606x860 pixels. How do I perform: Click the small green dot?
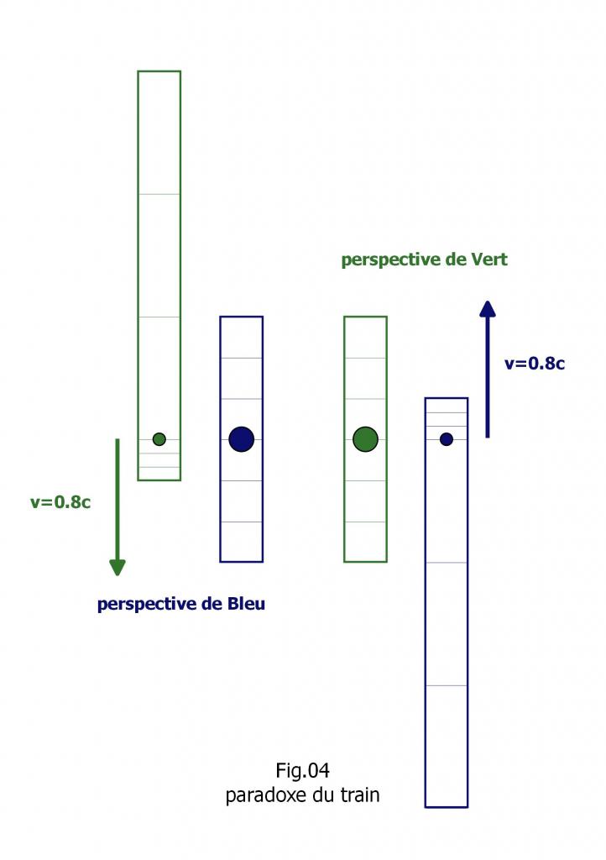159,439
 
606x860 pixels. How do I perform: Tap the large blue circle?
241,438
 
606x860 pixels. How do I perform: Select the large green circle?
365,438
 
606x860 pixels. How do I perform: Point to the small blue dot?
447,439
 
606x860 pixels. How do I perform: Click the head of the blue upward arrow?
487,308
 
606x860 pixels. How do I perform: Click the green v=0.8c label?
60,503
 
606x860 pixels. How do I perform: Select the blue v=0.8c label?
535,364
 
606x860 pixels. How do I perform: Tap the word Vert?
488,260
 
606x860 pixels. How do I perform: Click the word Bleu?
246,604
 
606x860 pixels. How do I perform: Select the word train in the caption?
360,794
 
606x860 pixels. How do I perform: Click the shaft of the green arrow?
118,496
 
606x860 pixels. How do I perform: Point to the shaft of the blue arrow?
487,378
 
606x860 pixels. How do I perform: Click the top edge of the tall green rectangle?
159,71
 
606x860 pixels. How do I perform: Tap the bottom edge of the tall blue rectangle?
447,806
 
